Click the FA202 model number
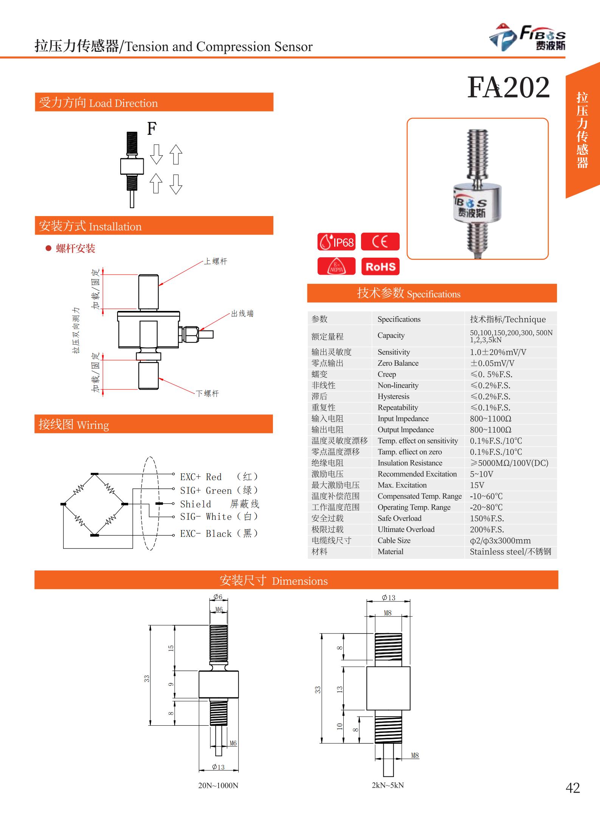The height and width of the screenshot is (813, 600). click(508, 87)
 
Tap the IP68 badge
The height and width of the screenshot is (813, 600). click(336, 242)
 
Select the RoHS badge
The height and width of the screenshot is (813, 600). click(380, 267)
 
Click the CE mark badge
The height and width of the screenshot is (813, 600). click(380, 242)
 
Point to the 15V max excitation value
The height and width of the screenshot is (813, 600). click(477, 485)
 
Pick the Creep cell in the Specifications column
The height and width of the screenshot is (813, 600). click(387, 374)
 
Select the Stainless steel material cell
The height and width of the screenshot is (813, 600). click(510, 552)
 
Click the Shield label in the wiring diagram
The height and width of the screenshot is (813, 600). click(195, 504)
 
